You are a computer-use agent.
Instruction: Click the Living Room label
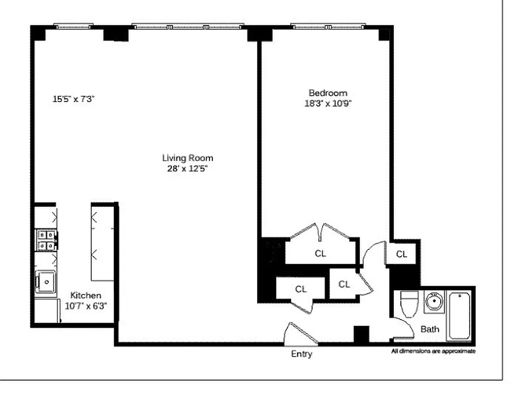coord(187,158)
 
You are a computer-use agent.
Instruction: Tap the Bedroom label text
coord(328,93)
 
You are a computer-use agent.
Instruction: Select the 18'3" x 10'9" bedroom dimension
coord(328,104)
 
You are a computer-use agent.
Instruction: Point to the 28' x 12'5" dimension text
coord(187,169)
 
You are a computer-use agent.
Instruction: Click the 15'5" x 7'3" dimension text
coord(74,99)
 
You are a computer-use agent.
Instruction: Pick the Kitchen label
coord(85,295)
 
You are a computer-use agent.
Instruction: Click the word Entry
coord(302,354)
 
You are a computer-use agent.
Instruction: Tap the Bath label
coord(430,329)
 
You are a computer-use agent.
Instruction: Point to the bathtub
coord(460,316)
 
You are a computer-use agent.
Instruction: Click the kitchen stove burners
coord(45,240)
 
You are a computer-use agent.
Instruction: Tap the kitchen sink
coord(45,282)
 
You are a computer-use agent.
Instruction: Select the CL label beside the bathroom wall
coord(402,254)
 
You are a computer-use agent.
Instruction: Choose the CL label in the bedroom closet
coord(320,253)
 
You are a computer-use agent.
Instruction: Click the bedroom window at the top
coord(328,26)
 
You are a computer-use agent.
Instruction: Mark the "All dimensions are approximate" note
coord(433,351)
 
